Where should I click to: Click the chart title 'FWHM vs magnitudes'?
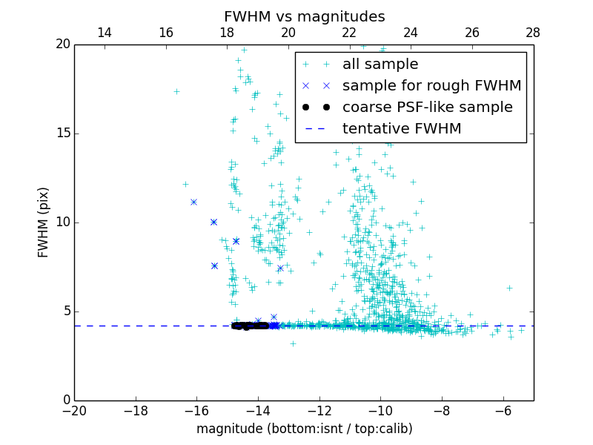point(304,16)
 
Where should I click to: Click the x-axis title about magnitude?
point(304,429)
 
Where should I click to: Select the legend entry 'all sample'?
point(380,65)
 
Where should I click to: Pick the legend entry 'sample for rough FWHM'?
point(431,86)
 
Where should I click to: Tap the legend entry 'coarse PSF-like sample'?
point(427,108)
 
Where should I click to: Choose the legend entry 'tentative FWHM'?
point(402,129)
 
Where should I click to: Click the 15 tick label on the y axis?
point(62,133)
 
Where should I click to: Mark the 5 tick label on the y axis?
point(66,311)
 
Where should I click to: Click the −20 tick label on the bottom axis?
point(74,411)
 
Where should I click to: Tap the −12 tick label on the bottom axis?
point(319,411)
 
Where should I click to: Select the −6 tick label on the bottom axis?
point(503,411)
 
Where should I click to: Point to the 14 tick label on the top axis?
point(105,33)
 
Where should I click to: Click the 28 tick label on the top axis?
point(533,33)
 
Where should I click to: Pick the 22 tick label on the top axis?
point(350,33)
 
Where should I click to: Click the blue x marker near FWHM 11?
point(193,202)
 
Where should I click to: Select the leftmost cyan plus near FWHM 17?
point(176,92)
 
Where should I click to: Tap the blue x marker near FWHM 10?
point(213,222)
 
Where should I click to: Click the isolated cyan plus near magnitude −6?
point(509,288)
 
